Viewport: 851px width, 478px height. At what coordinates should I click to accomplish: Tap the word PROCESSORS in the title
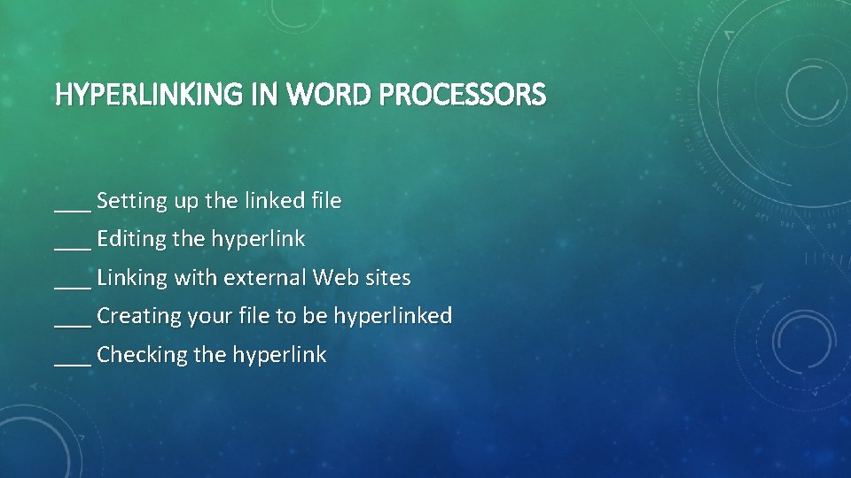coord(463,94)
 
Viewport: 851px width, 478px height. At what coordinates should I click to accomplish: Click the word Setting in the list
coord(132,202)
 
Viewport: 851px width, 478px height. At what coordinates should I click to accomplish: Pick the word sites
coord(387,278)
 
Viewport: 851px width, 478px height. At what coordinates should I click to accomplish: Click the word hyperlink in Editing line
coord(257,240)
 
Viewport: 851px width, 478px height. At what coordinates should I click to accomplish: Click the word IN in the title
coord(263,94)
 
